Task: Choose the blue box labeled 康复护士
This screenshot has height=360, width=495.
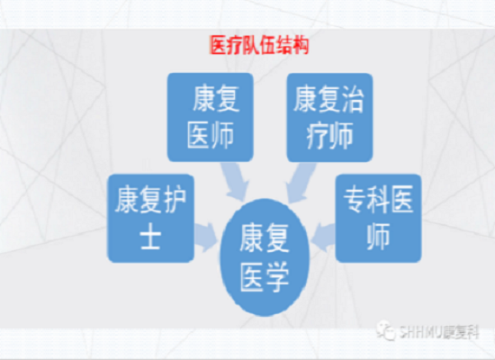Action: (x=150, y=217)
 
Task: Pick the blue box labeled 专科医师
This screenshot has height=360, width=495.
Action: (x=379, y=216)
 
